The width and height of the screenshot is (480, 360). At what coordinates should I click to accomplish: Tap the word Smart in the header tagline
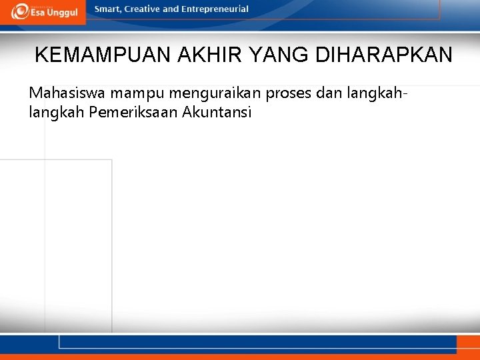click(108, 9)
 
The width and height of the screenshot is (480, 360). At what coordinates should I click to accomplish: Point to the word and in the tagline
click(171, 9)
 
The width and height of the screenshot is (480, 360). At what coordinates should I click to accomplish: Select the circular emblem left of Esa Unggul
click(20, 11)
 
